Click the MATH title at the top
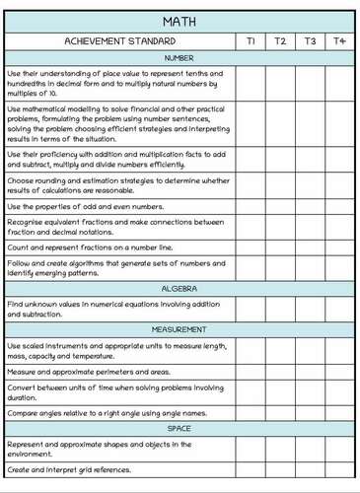point(180,20)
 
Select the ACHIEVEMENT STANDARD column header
point(119,41)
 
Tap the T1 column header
point(251,41)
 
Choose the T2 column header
point(280,41)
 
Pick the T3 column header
point(310,41)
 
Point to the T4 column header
point(339,41)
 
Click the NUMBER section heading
point(180,58)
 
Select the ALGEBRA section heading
point(180,289)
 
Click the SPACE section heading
point(180,429)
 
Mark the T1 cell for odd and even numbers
point(251,206)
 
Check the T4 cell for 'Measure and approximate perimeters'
point(339,372)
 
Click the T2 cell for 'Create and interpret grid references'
point(280,470)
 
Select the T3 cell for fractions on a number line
point(310,246)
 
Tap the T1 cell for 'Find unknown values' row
point(251,309)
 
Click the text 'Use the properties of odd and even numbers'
point(85,206)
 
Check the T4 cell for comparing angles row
point(339,412)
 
